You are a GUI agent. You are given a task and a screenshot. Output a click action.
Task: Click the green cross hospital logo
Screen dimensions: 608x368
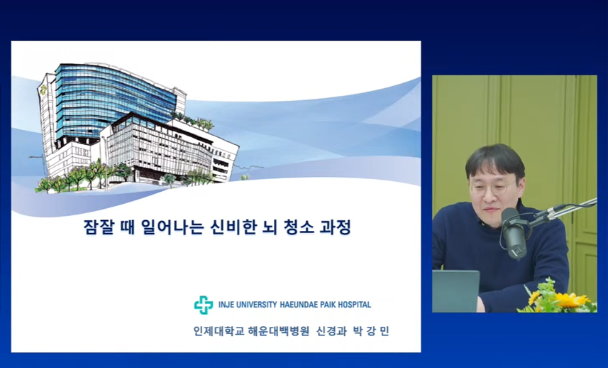coord(204,305)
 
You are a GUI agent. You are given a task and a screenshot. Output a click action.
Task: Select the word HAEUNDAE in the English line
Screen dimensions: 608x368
coord(298,304)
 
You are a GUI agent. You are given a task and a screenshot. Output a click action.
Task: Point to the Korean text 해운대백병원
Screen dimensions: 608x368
coord(278,331)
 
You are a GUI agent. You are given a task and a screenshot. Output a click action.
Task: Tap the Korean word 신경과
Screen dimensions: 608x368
coord(331,331)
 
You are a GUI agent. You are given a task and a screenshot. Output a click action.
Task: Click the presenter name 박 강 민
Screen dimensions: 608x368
coord(371,331)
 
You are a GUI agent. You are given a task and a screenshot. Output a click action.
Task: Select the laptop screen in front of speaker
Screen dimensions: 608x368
coord(456,291)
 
